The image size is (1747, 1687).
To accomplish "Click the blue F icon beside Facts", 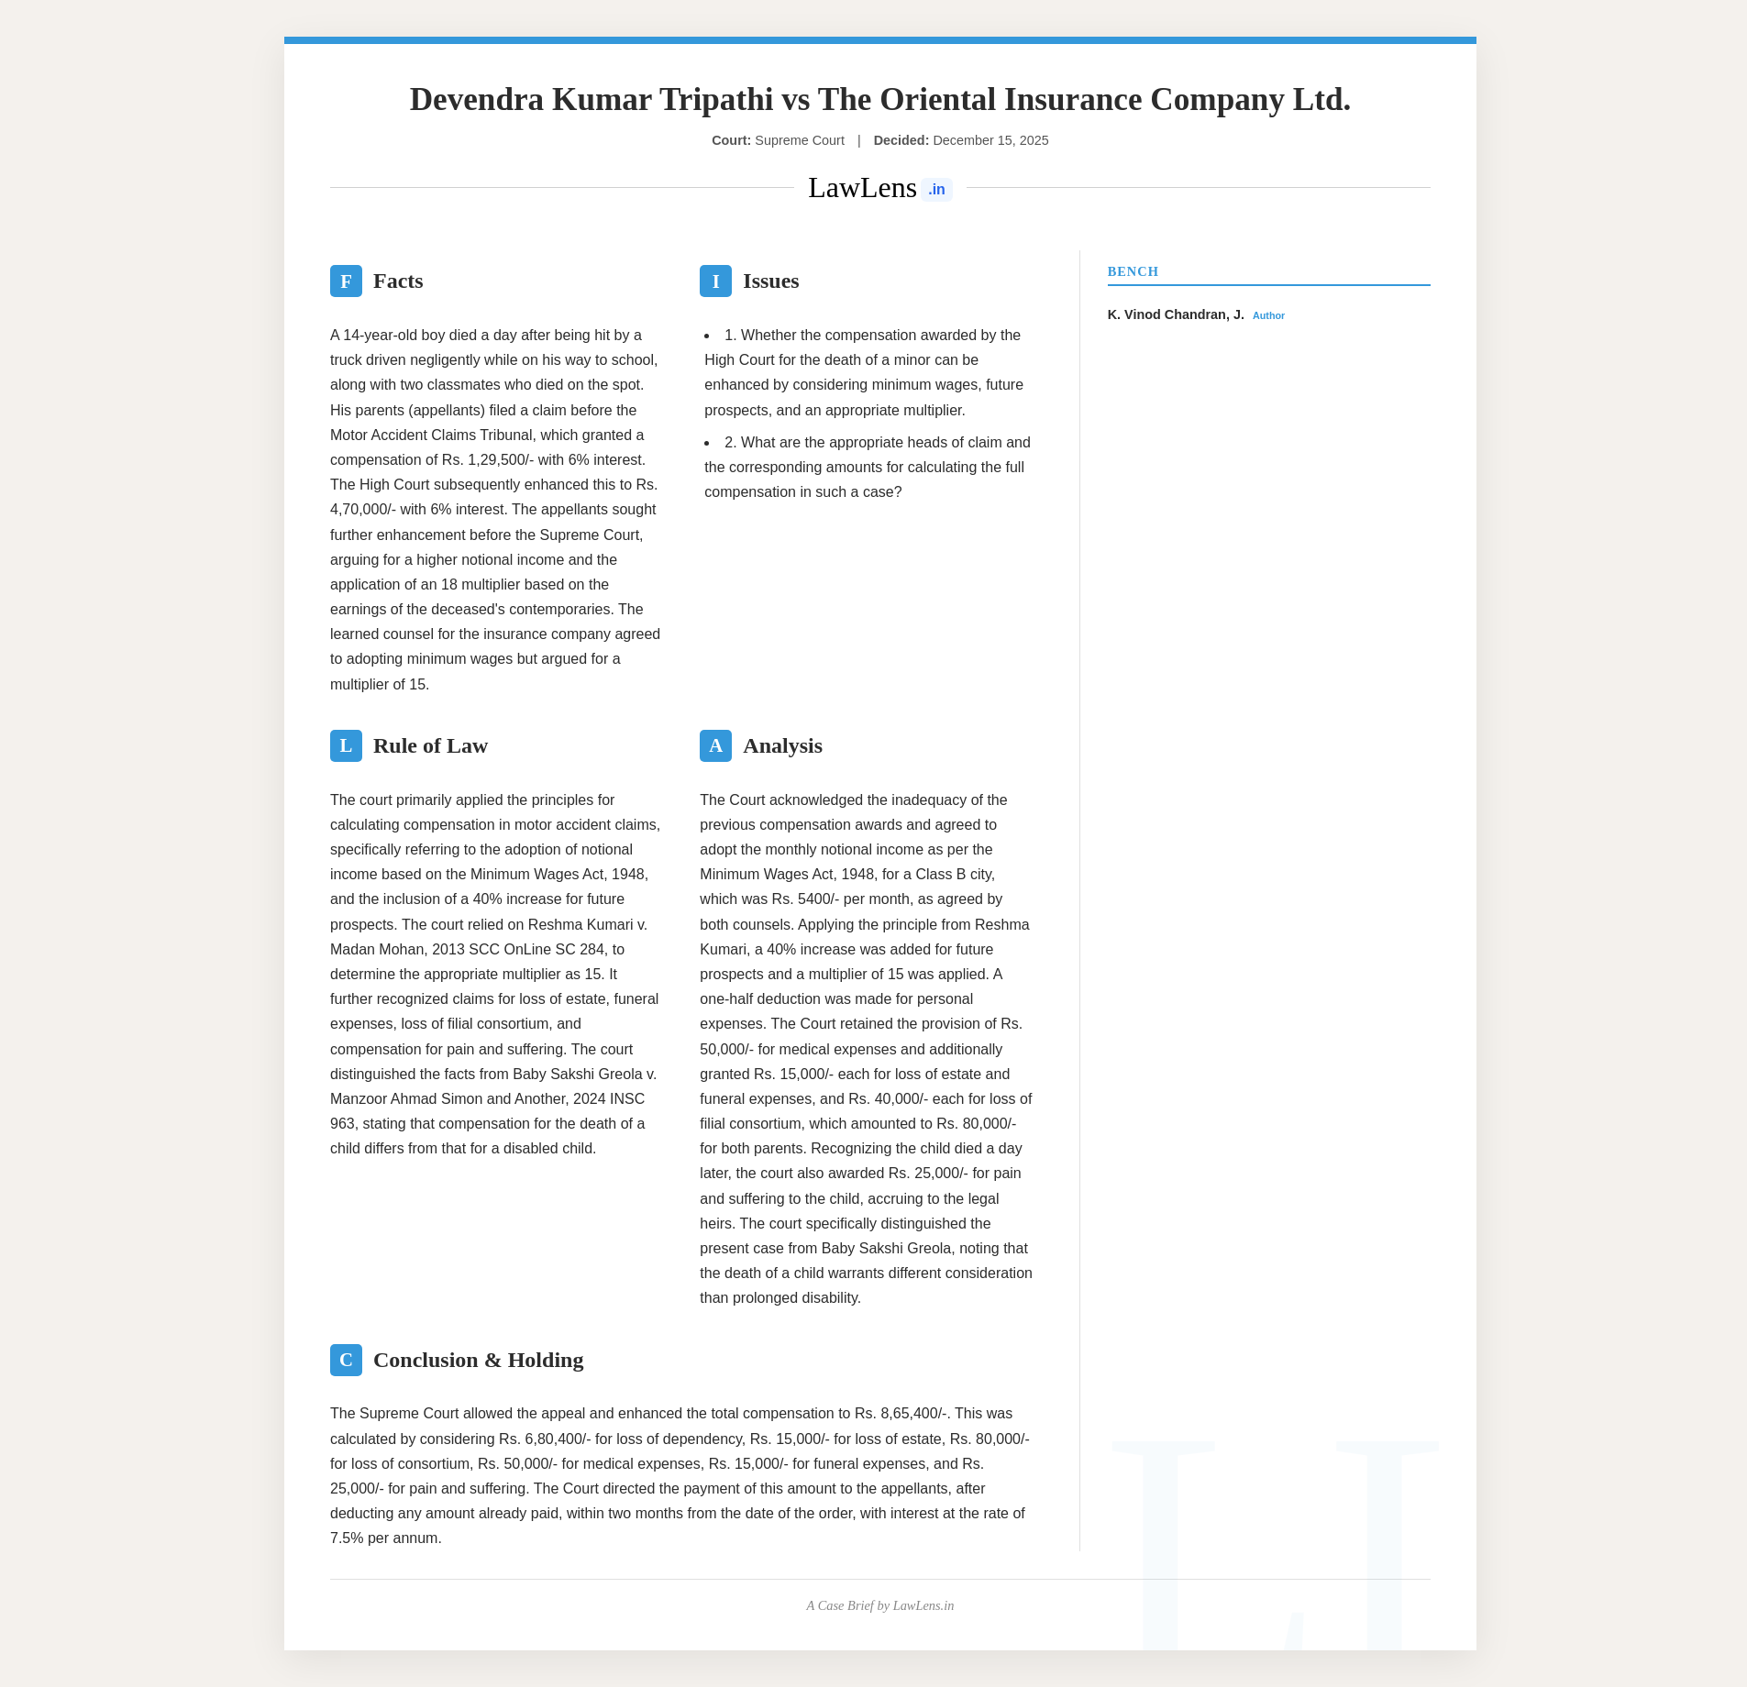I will tap(346, 281).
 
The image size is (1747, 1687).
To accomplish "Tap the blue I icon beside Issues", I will tap(715, 281).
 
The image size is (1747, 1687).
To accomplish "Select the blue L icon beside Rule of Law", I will tap(346, 745).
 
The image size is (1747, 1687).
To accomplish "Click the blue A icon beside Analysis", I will tap(715, 745).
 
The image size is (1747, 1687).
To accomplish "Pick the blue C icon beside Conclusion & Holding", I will tap(346, 1360).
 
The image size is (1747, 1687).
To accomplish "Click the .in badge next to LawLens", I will tap(936, 190).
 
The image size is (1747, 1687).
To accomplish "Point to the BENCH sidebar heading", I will tap(1133, 271).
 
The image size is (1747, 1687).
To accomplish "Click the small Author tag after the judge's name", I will tap(1268, 315).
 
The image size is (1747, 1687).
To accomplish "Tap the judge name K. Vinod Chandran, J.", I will tap(1176, 314).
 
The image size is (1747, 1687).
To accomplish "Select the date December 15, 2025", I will tap(990, 140).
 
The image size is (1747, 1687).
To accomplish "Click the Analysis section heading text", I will tap(782, 745).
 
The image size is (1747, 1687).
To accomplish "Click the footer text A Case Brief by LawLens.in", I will tap(880, 1605).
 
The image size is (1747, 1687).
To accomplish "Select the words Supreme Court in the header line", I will tap(799, 140).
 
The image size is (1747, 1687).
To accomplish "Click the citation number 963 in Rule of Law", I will tap(342, 1123).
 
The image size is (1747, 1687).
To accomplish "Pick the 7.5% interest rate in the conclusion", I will tap(347, 1538).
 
